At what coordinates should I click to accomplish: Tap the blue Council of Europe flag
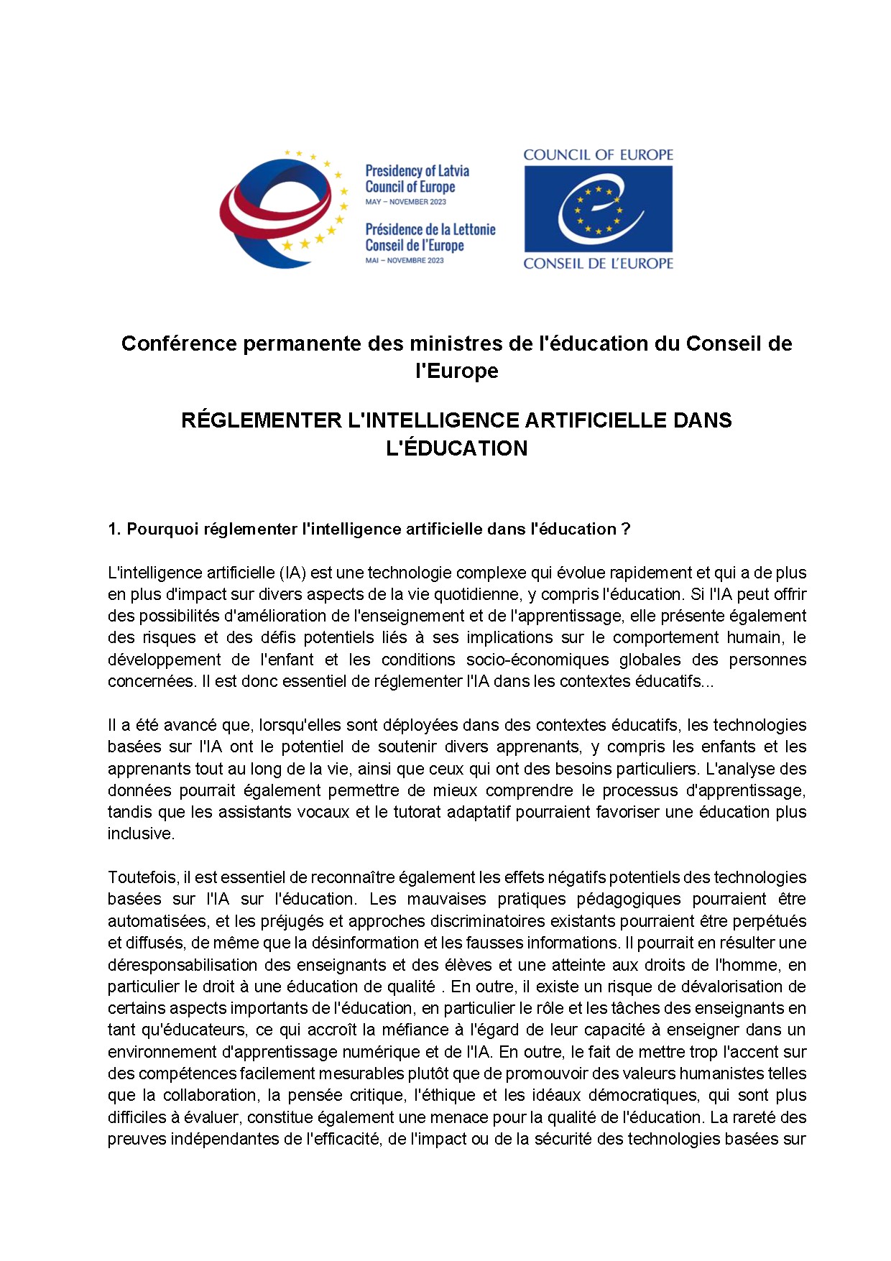598,209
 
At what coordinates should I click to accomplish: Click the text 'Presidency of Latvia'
417,171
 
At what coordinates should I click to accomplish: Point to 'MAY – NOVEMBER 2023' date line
405,202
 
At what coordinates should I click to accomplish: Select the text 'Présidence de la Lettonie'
430,229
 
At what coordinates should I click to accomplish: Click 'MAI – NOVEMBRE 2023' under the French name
405,260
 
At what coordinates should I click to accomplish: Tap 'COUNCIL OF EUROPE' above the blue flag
598,155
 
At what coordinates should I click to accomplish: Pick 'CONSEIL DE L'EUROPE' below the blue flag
598,264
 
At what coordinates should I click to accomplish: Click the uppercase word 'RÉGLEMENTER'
261,420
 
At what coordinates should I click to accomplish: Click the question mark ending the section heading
626,530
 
